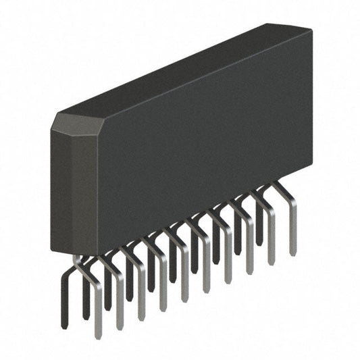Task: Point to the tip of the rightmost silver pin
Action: pyautogui.click(x=293, y=253)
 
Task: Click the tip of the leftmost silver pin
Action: pyautogui.click(x=98, y=335)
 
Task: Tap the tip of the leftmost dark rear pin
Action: pyautogui.click(x=65, y=326)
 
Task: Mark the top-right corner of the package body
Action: pyautogui.click(x=311, y=31)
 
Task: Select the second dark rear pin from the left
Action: pyautogui.click(x=86, y=304)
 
